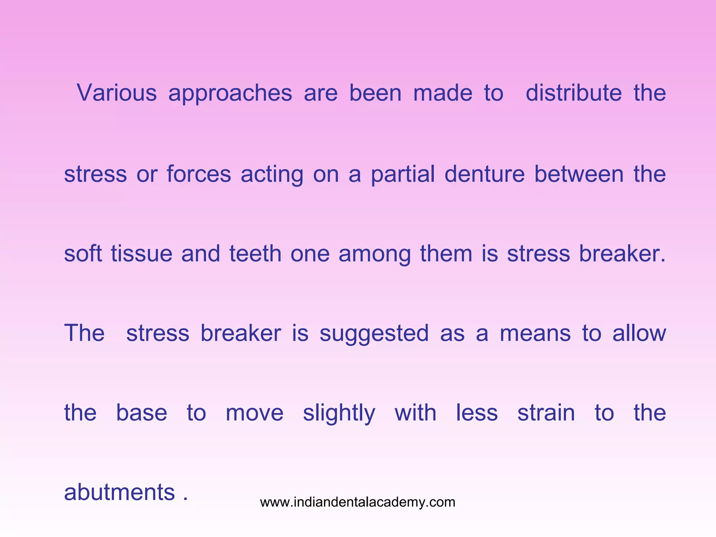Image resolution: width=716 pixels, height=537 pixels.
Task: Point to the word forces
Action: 199,174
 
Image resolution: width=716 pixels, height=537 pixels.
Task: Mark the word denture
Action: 485,174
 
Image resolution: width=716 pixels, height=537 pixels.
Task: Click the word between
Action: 579,174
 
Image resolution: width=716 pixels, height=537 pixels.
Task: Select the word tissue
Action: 142,253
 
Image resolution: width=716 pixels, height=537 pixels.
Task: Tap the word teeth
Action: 255,253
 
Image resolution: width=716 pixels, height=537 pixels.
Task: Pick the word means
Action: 535,333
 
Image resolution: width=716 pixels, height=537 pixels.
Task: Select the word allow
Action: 639,333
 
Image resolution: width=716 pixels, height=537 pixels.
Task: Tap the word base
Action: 142,413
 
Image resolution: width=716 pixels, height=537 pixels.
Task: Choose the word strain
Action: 546,413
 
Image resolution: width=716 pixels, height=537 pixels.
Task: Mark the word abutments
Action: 120,492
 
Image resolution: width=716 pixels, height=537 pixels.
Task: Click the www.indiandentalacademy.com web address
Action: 358,502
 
